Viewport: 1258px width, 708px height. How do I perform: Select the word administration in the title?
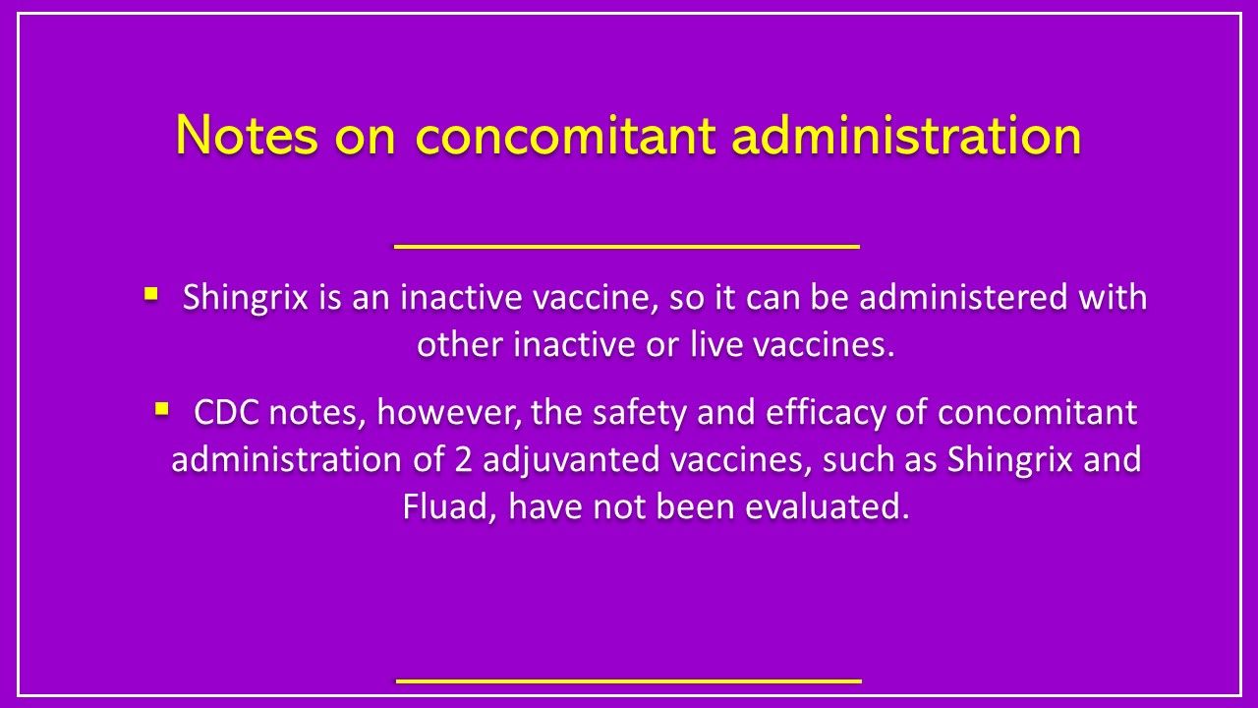(x=906, y=136)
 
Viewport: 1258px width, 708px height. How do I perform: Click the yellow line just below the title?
(x=627, y=246)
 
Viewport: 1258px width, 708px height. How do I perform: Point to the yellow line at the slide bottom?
(x=629, y=679)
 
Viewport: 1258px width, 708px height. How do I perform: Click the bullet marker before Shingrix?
(x=150, y=293)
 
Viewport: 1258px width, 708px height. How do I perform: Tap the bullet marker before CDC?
(x=162, y=405)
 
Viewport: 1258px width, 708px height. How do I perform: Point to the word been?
(x=699, y=507)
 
